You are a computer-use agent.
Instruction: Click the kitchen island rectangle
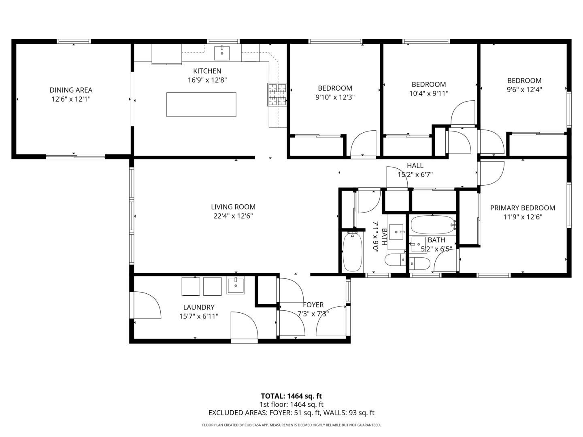point(201,104)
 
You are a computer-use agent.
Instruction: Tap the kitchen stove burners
point(277,94)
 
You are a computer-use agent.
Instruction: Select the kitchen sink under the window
point(222,53)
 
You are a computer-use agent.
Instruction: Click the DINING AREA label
point(71,90)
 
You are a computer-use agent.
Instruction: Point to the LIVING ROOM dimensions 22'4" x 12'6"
point(233,216)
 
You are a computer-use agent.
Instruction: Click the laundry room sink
point(236,285)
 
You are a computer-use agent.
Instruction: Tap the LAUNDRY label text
point(198,307)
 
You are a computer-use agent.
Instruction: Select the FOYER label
point(313,305)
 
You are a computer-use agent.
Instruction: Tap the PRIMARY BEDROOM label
point(522,208)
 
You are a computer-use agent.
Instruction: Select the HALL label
point(415,165)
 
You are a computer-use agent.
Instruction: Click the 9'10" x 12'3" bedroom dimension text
point(335,97)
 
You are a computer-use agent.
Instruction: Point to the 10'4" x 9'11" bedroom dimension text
point(429,93)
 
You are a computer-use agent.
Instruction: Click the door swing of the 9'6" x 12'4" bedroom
point(491,142)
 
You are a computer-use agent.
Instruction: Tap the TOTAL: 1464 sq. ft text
point(291,396)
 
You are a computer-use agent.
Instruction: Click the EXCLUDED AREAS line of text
point(291,413)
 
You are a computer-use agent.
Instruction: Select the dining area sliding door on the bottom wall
point(75,156)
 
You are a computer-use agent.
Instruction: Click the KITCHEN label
point(207,71)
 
